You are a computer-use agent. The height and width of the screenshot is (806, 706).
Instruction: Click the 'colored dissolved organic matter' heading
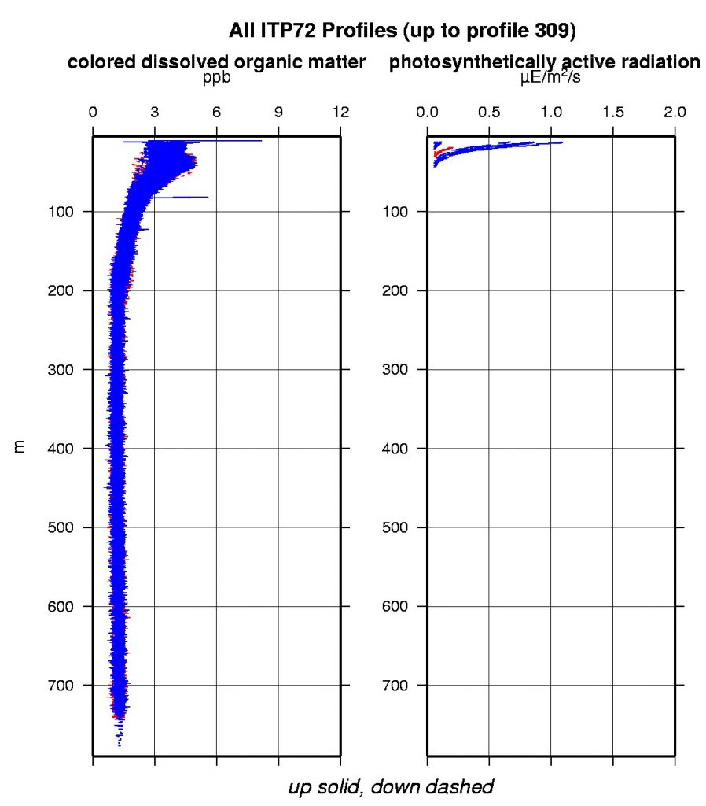[217, 64]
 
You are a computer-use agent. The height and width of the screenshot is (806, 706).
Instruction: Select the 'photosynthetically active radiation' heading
[544, 64]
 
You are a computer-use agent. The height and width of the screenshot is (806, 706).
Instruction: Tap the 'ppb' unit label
[217, 79]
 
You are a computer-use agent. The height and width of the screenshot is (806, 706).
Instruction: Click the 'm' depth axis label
[21, 447]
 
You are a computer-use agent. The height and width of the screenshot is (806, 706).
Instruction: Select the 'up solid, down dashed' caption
[391, 786]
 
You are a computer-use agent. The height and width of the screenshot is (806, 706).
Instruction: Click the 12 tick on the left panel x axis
[340, 113]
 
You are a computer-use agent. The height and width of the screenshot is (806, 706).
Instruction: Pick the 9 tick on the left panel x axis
[278, 113]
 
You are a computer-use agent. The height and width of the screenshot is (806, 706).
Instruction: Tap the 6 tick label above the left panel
[216, 113]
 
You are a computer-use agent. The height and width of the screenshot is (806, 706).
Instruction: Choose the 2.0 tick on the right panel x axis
[675, 113]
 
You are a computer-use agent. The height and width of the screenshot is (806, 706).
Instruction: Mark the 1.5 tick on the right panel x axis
[612, 113]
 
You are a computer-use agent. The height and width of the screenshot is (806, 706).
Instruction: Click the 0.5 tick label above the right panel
[488, 113]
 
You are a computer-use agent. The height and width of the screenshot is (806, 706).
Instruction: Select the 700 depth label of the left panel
[64, 685]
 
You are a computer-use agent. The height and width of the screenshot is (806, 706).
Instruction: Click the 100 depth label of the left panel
[64, 212]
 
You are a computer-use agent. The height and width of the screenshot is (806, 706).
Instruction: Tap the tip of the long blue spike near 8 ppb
[261, 141]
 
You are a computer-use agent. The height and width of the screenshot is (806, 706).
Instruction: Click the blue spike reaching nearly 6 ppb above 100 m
[208, 197]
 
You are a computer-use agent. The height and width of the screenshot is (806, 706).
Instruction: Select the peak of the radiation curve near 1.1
[562, 142]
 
